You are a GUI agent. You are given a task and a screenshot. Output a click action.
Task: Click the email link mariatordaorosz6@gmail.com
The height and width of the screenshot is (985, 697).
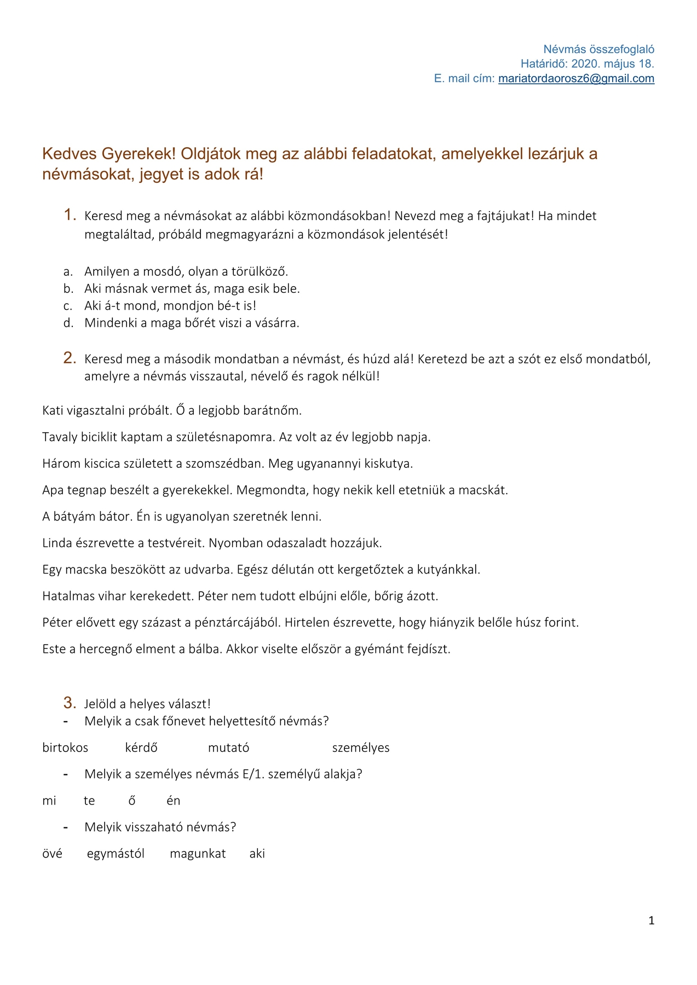tap(576, 78)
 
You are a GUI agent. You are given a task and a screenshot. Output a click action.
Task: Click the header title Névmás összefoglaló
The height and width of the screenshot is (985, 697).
tap(598, 49)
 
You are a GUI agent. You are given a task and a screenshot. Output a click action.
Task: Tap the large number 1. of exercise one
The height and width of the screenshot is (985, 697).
tap(70, 215)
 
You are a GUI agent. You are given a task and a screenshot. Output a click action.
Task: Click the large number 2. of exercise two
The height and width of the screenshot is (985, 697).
tap(70, 358)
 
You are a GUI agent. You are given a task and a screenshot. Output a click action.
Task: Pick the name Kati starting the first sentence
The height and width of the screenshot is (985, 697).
tap(54, 410)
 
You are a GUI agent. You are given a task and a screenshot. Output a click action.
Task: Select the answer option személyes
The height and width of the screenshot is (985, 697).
tap(361, 748)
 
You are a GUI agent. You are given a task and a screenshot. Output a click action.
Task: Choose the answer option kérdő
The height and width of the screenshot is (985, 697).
tap(141, 748)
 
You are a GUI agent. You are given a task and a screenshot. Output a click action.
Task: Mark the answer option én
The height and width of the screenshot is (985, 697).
tap(173, 801)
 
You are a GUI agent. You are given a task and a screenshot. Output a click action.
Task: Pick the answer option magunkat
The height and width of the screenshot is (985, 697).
tap(198, 854)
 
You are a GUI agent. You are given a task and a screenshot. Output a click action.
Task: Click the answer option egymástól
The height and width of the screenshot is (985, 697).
tap(116, 854)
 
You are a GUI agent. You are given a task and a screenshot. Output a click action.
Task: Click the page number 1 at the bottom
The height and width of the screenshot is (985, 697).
tap(651, 921)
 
